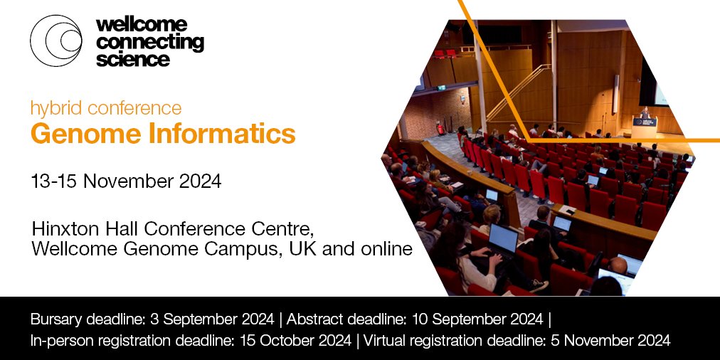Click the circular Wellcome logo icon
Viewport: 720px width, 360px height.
pos(55,41)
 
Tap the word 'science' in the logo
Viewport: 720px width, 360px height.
pos(133,59)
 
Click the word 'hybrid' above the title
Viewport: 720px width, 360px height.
pos(54,108)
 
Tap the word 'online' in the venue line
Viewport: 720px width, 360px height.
pos(387,250)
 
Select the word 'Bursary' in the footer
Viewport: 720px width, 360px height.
pos(57,318)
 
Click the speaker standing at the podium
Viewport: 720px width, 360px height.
pos(645,113)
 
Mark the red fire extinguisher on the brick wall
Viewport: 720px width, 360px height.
pos(441,129)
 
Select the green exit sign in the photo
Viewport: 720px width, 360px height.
pos(442,88)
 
